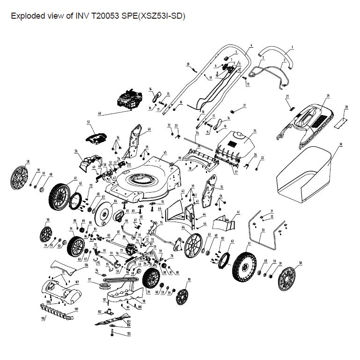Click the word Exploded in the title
pos(26,16)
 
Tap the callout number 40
pos(99,114)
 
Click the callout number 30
pos(341,144)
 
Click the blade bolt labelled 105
pos(113,333)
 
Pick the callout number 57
pos(88,122)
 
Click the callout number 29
pos(328,96)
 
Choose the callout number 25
pos(255,131)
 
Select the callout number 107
pos(77,281)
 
